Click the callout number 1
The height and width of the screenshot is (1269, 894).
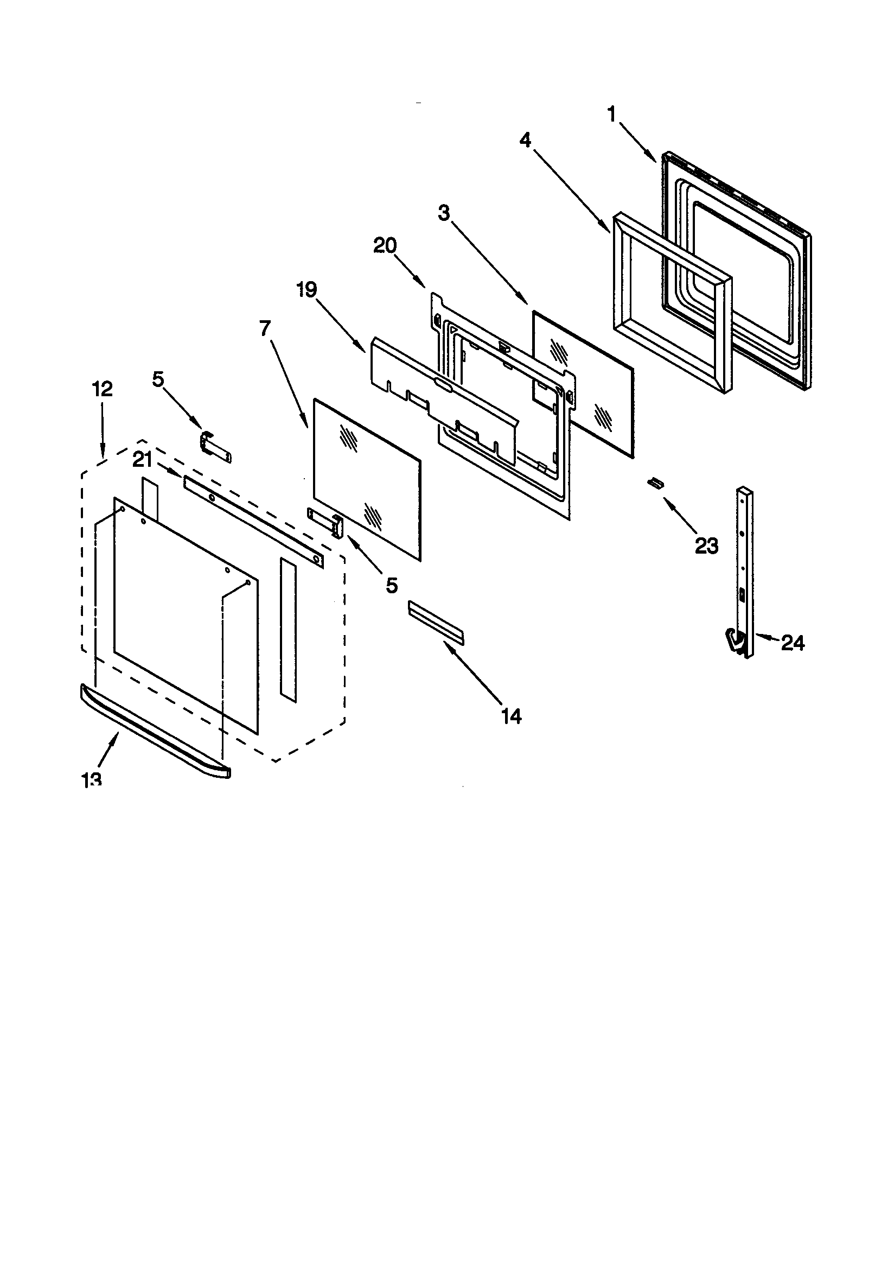coord(611,115)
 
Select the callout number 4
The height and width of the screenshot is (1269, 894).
coord(525,141)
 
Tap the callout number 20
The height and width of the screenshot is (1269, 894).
coord(385,245)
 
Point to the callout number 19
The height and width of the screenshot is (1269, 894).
coord(307,289)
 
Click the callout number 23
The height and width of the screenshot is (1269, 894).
coord(707,546)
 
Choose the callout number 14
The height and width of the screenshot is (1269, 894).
coord(511,716)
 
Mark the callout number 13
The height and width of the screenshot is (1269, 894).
coord(92,779)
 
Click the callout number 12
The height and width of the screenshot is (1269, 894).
coord(102,389)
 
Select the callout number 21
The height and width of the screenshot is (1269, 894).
coord(143,460)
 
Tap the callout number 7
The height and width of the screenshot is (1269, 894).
coord(265,329)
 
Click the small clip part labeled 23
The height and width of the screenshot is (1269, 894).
coord(655,484)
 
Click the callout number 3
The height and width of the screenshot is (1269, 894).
coord(444,213)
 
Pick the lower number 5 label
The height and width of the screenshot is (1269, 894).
coord(392,585)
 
